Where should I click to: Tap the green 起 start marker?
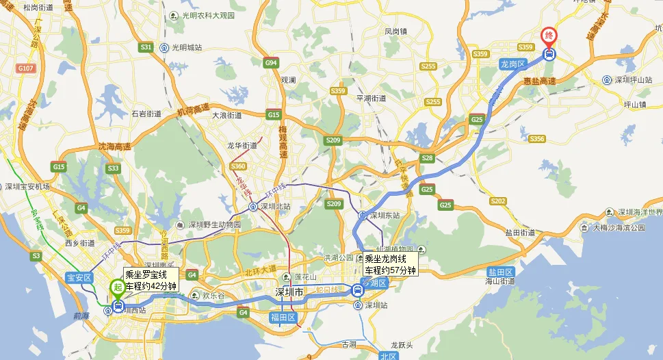117,287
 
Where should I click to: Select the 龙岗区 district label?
512,63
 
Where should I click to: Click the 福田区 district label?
282,318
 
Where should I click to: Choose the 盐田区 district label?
499,272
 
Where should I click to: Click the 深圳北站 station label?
274,206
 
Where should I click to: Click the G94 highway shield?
271,63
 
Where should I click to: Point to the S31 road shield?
146,47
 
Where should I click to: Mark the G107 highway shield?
26,68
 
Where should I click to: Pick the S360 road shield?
238,166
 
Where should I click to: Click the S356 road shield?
536,139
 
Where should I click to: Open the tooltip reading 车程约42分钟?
151,286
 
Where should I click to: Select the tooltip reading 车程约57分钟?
390,270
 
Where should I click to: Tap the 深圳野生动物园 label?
215,224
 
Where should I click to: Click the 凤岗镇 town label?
395,31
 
